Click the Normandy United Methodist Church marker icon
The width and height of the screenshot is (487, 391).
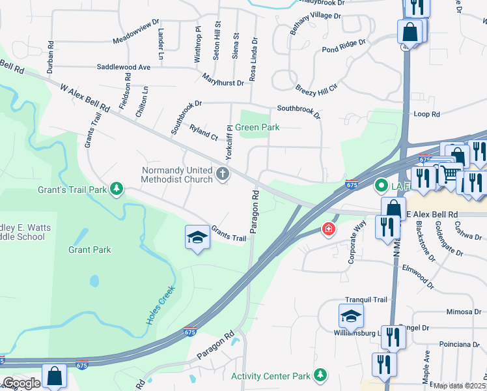223,173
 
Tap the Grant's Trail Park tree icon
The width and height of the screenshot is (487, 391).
117,189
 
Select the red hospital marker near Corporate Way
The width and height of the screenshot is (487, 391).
329,229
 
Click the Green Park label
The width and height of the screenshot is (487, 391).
257,128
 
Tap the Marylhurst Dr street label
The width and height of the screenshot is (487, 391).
223,83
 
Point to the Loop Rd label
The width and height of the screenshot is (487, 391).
426,114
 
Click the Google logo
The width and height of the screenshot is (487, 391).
21,383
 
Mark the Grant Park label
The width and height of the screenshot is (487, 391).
89,250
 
